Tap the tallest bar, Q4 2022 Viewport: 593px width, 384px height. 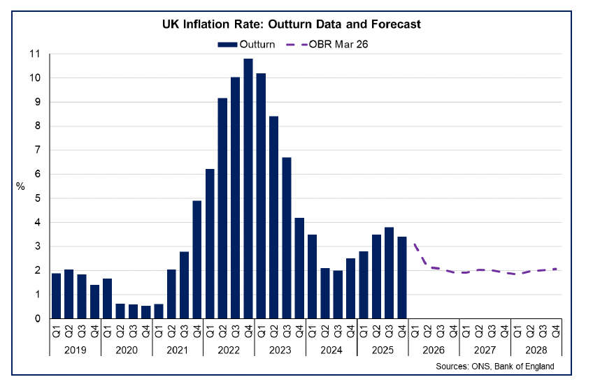tap(248, 189)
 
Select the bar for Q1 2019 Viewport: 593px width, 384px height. tap(56, 295)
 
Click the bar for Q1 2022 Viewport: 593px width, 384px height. tap(210, 244)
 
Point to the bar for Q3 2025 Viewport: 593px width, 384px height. tap(389, 272)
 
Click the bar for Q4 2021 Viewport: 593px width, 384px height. tap(197, 259)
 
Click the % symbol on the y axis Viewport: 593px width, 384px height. tap(20, 186)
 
